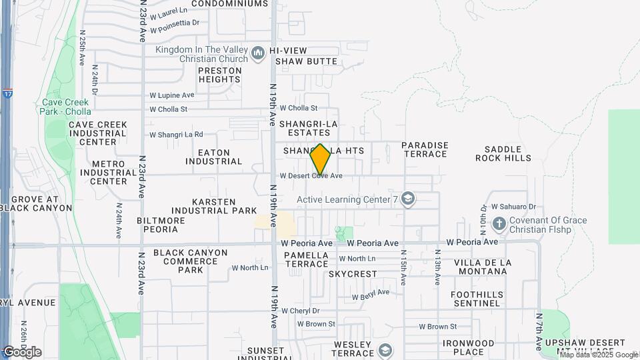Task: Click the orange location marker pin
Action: [321, 159]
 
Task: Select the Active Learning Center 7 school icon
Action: [408, 199]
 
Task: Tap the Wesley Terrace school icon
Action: [385, 349]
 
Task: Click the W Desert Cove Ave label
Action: [311, 176]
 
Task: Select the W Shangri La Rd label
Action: [176, 135]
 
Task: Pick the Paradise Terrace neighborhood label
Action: [424, 149]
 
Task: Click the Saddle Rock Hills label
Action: [503, 153]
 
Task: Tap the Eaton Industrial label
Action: [208, 157]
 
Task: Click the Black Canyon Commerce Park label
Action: [190, 261]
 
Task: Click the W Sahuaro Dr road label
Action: [513, 207]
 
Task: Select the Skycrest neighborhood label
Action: [353, 274]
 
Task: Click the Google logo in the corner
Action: [22, 351]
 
